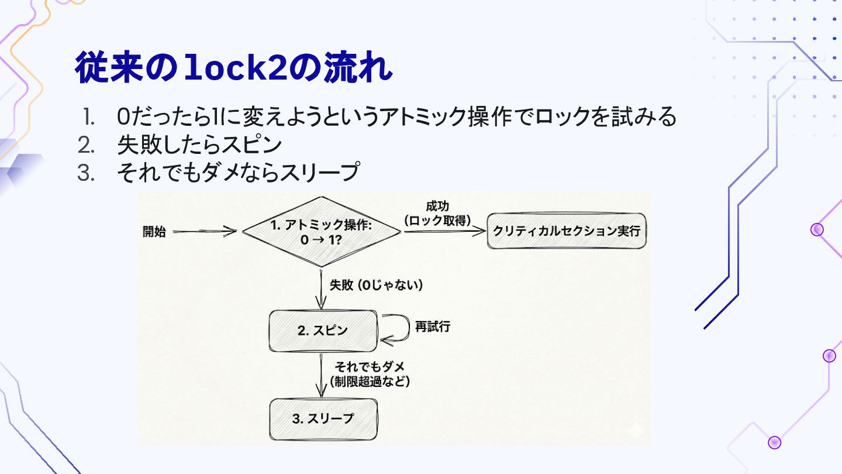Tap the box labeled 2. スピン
pos(323,331)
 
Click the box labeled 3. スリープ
pos(323,419)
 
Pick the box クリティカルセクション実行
pos(567,231)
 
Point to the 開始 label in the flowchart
pos(154,232)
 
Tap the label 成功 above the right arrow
pos(437,207)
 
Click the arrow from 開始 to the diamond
pos(205,232)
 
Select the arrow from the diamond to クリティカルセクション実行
pos(444,232)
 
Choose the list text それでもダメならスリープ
pos(237,173)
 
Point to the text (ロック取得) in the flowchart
pos(437,221)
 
